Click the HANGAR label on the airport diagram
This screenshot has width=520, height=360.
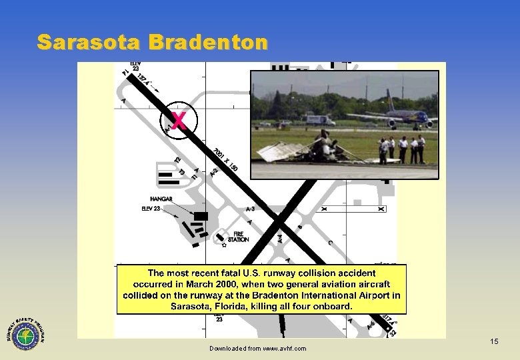pyautogui.click(x=161, y=199)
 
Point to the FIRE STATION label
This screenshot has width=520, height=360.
pyautogui.click(x=239, y=236)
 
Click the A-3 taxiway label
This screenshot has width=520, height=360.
pyautogui.click(x=253, y=209)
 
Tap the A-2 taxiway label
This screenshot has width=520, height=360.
pyautogui.click(x=213, y=171)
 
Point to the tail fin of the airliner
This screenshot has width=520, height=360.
pyautogui.click(x=389, y=101)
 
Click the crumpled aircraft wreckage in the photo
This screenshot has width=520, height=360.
pyautogui.click(x=313, y=148)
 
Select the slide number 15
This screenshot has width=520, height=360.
pyautogui.click(x=494, y=341)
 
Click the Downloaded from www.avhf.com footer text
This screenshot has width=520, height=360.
pyautogui.click(x=257, y=349)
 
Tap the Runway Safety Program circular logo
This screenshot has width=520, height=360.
pyautogui.click(x=25, y=331)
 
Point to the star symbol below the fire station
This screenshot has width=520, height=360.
pyautogui.click(x=225, y=245)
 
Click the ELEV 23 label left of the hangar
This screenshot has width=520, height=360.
pyautogui.click(x=151, y=209)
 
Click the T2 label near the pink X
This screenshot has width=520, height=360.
pyautogui.click(x=177, y=159)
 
